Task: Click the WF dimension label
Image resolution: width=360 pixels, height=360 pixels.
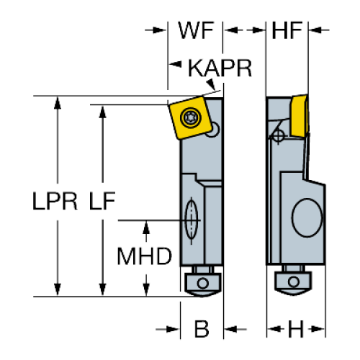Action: [196, 30]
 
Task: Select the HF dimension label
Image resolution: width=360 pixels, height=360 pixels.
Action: [287, 30]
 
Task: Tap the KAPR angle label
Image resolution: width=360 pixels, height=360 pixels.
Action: [220, 68]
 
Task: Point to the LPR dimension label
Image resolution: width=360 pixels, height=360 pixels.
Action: [55, 201]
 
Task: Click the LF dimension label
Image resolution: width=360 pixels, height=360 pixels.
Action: [102, 201]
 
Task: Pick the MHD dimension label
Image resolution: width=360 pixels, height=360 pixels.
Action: [145, 256]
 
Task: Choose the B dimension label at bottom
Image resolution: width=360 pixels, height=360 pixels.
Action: [202, 329]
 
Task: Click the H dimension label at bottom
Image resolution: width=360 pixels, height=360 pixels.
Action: [296, 329]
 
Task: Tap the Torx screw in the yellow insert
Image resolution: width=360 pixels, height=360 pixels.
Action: [191, 117]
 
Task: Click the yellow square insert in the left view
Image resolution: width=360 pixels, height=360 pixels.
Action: [190, 117]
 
